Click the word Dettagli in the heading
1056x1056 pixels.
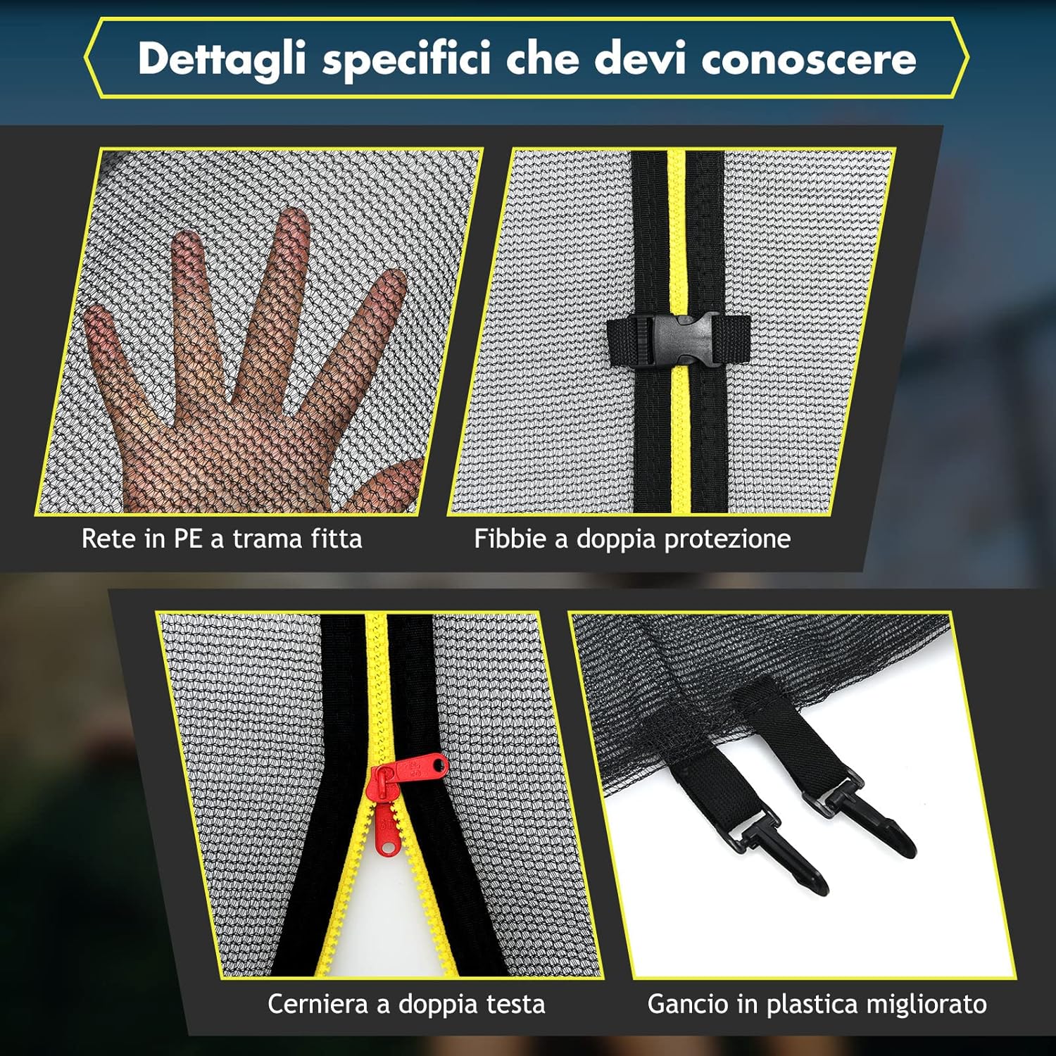point(221,58)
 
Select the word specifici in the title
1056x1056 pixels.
point(406,58)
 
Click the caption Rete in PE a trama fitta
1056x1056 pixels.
point(222,539)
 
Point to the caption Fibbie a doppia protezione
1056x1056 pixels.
point(632,539)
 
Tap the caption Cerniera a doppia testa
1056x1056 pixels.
point(406,1004)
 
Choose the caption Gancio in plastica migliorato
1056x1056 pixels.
point(817,1004)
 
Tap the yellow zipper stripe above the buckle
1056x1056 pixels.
point(677,232)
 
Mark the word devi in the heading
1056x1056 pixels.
point(640,58)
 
